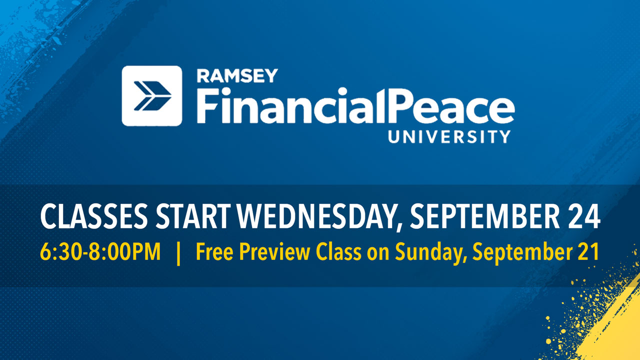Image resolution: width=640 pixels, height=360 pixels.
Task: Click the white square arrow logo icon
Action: (151, 96)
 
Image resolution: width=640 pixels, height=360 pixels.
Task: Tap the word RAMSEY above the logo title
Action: (237, 75)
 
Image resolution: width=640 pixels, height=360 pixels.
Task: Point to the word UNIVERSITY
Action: (449, 136)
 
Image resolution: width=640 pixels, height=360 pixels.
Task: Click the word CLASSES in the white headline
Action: (94, 216)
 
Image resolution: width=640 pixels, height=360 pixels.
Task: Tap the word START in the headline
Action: (193, 216)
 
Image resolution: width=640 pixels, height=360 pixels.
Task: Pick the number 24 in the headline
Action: (583, 216)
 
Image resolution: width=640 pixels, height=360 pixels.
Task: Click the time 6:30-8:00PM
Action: (100, 251)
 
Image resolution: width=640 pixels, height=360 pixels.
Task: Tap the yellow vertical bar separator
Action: (178, 253)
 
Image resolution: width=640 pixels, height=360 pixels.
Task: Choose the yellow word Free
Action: (214, 251)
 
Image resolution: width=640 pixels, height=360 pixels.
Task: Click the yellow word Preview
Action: (274, 251)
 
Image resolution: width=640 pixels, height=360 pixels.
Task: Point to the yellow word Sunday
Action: (431, 253)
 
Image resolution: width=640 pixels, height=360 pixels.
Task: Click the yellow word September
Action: (522, 253)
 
